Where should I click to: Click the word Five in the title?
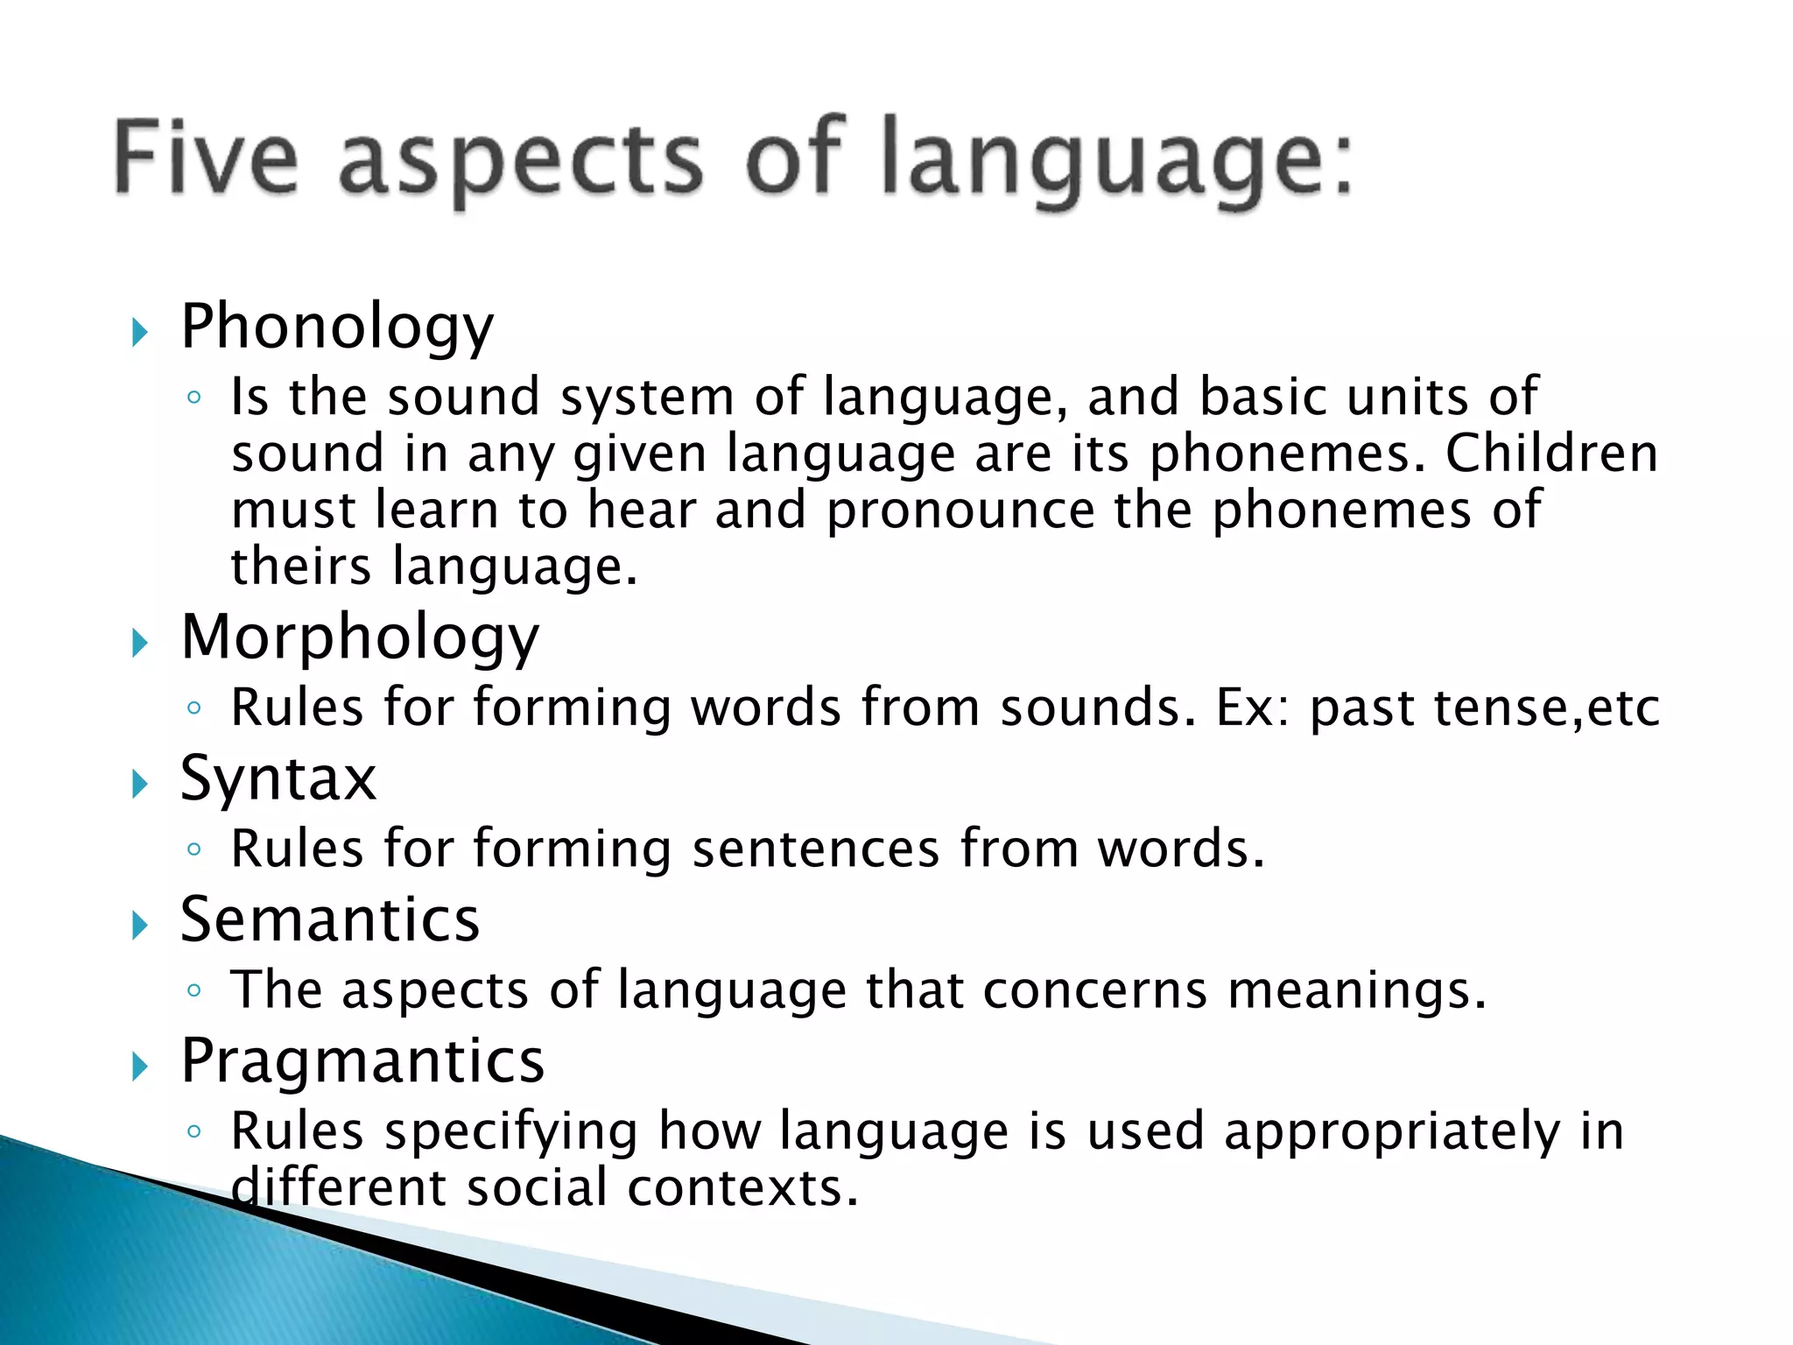tap(207, 158)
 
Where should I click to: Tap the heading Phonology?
tap(337, 327)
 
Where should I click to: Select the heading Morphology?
tap(360, 637)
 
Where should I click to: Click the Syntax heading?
tap(278, 778)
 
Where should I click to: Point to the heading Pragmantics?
tap(362, 1061)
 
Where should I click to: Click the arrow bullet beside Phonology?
tap(139, 333)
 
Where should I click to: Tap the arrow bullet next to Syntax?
tap(139, 784)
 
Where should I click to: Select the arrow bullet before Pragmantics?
tap(139, 1067)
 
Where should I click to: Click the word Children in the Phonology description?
tap(1551, 454)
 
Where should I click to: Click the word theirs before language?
tap(301, 567)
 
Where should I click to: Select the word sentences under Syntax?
tap(815, 849)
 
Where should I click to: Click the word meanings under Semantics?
tap(1356, 991)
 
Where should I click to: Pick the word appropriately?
tap(1392, 1131)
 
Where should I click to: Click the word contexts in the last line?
tap(742, 1188)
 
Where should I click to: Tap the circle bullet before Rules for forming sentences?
tap(194, 849)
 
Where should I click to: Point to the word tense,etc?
tap(1546, 708)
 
